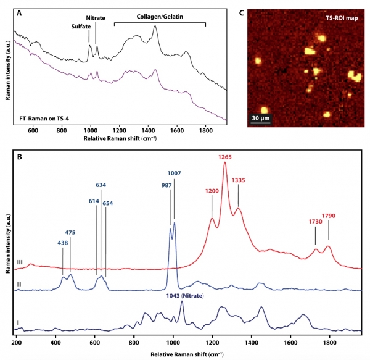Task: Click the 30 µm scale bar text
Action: (x=263, y=115)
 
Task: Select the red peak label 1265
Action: (x=226, y=158)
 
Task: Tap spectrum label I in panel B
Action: (x=18, y=323)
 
